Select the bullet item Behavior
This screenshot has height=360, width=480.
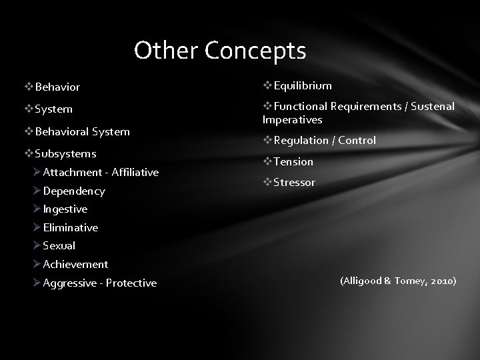point(57,87)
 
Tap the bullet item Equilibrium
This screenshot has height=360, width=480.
point(302,85)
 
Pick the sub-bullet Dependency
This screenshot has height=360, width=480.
point(73,191)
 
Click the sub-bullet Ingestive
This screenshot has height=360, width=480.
point(65,209)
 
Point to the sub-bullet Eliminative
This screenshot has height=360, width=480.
point(70,227)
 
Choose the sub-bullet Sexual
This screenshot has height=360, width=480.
point(59,245)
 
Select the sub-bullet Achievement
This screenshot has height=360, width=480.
point(75,264)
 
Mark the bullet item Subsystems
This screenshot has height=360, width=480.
point(65,153)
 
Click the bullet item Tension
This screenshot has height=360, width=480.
point(293,161)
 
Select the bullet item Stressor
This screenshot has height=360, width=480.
point(295,182)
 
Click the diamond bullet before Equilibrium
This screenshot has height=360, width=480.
point(267,85)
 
